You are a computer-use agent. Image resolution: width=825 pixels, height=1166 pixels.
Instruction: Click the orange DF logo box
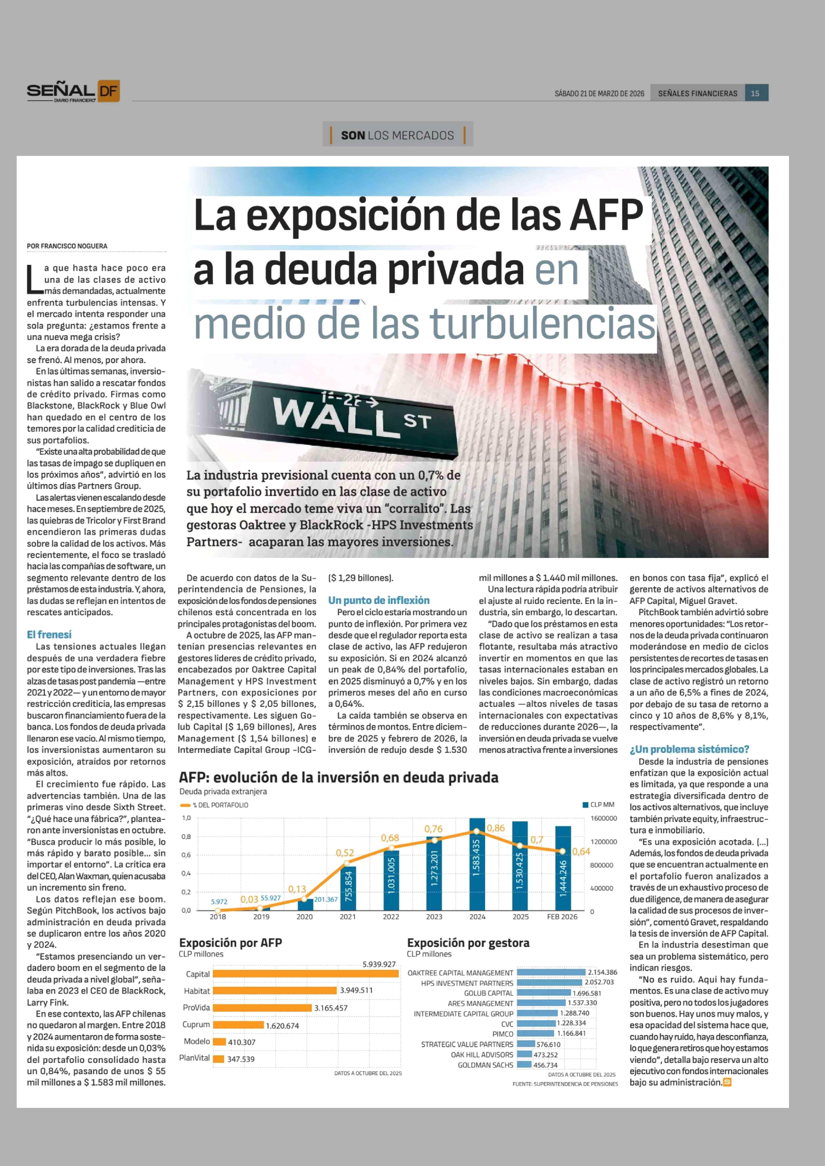(x=108, y=91)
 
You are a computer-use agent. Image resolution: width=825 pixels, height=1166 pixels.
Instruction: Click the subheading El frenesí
(x=49, y=635)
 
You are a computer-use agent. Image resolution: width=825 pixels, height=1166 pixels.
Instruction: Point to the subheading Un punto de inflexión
(x=378, y=601)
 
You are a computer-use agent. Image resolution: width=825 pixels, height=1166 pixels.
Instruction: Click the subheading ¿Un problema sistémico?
(x=689, y=750)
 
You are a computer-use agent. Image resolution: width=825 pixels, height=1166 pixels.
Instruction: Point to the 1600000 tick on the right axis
(x=603, y=818)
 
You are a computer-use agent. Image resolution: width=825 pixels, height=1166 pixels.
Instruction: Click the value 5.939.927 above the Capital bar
(x=379, y=964)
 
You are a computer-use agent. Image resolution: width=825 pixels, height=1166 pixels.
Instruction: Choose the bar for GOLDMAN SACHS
(x=524, y=1065)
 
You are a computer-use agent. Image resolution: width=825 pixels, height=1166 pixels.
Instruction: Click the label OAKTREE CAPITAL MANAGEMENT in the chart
(x=460, y=973)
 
